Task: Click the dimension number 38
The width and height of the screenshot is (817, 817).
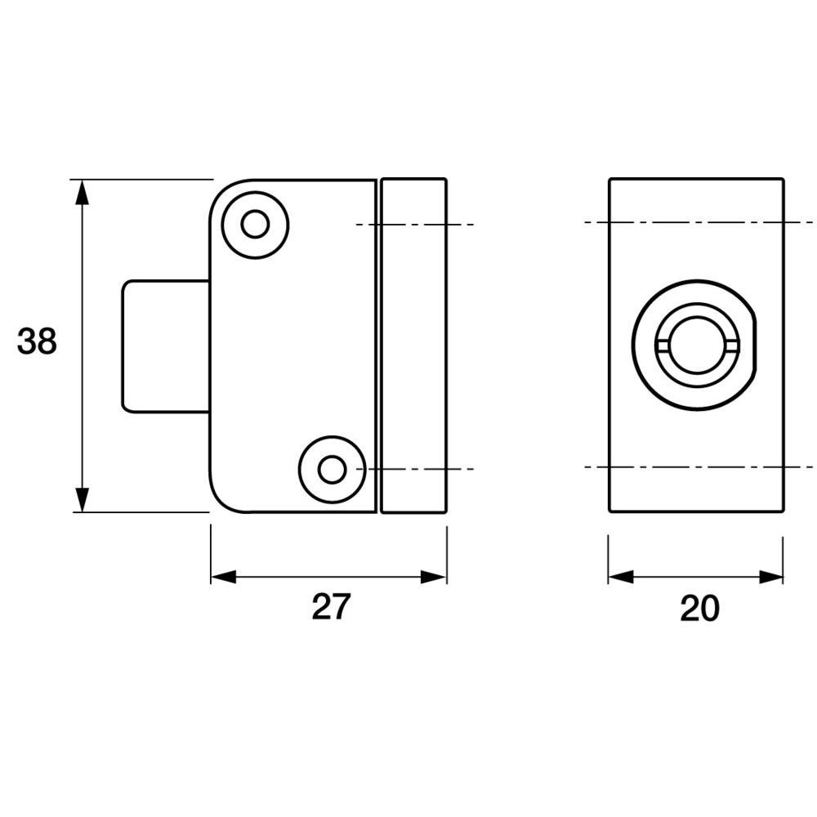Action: pyautogui.click(x=37, y=342)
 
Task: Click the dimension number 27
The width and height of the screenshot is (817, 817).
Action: pyautogui.click(x=331, y=607)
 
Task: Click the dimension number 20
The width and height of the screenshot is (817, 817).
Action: pyautogui.click(x=699, y=609)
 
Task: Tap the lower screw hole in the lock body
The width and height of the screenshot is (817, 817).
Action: pyautogui.click(x=331, y=470)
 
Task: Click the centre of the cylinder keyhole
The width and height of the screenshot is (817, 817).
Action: pyautogui.click(x=697, y=345)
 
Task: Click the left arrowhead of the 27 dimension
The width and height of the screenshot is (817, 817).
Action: pyautogui.click(x=223, y=577)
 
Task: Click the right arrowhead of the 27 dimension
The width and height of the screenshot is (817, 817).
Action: pyautogui.click(x=435, y=577)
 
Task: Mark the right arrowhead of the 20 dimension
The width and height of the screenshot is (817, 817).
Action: pyautogui.click(x=771, y=577)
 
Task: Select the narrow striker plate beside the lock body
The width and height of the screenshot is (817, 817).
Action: pyautogui.click(x=413, y=346)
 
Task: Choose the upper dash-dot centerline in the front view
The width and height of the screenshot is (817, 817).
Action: pyautogui.click(x=699, y=222)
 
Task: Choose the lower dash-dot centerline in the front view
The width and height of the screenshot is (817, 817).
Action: pyautogui.click(x=699, y=467)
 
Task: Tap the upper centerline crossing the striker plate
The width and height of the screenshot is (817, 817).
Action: pyautogui.click(x=413, y=224)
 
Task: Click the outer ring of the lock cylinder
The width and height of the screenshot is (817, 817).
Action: pyautogui.click(x=642, y=345)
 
